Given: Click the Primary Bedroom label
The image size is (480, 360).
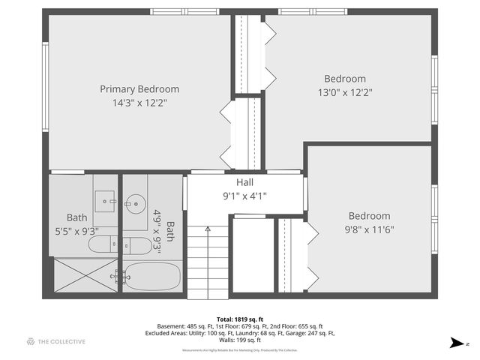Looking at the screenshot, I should click(139, 89).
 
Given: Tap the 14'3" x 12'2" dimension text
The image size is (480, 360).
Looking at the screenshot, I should click(139, 103).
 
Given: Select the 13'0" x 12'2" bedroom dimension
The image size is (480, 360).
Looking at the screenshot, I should click(345, 92).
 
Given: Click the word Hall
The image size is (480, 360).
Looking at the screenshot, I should click(245, 182).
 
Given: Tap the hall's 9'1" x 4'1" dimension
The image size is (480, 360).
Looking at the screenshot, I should click(245, 196).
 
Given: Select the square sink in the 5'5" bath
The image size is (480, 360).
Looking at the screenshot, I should click(106, 199).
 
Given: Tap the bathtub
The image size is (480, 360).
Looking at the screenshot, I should click(152, 275).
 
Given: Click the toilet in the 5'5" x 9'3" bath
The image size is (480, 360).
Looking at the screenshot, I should click(103, 244).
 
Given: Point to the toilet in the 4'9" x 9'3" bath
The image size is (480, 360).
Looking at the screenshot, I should click(136, 244).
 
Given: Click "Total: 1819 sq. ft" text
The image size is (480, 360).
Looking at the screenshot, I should click(240, 318).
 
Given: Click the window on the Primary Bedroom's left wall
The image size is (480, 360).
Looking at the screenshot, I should click(46, 75).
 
